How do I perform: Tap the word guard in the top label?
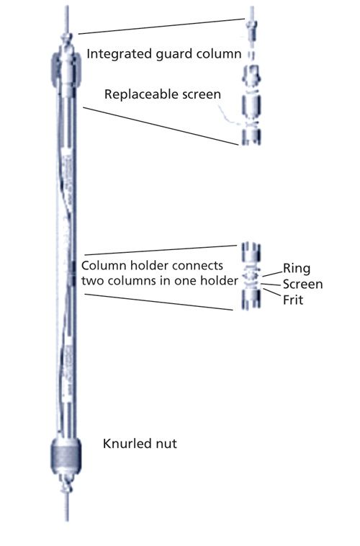pos(170,53)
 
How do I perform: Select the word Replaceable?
pos(139,94)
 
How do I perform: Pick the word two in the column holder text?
pos(93,280)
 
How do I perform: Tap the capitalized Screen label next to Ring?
pos(302,284)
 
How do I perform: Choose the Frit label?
pos(293,300)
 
